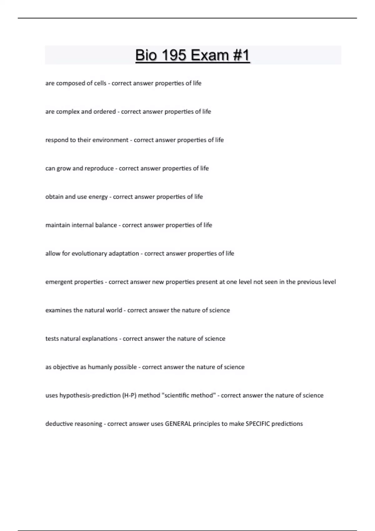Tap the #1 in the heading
[x=241, y=55]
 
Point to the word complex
[x=67, y=112]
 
